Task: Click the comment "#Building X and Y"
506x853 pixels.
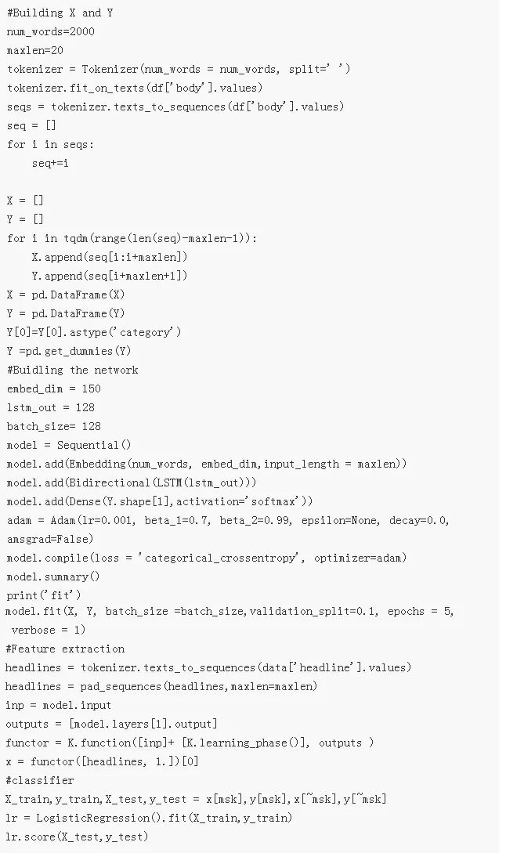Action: pyautogui.click(x=55, y=13)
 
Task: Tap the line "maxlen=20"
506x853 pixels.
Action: pyautogui.click(x=35, y=50)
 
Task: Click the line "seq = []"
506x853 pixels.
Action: pyautogui.click(x=31, y=125)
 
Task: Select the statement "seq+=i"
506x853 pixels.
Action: pyautogui.click(x=50, y=163)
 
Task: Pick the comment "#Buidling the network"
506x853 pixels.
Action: pyautogui.click(x=72, y=370)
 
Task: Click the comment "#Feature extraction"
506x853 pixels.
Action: pyautogui.click(x=65, y=649)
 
